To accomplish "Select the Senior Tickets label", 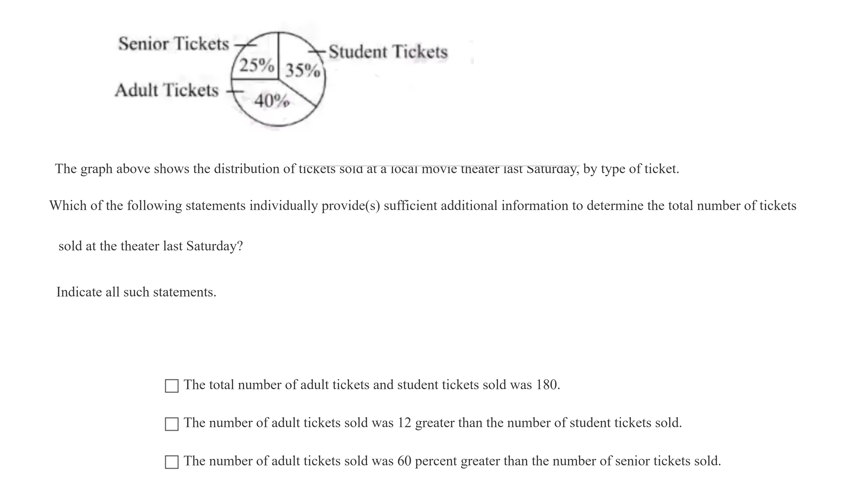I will (174, 44).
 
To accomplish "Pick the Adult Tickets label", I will (167, 90).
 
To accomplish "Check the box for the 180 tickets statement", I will (172, 386).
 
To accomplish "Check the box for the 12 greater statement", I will (172, 424).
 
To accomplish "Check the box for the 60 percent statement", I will (172, 462).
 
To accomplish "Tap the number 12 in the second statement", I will (404, 423).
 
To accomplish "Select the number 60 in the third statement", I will (404, 461).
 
